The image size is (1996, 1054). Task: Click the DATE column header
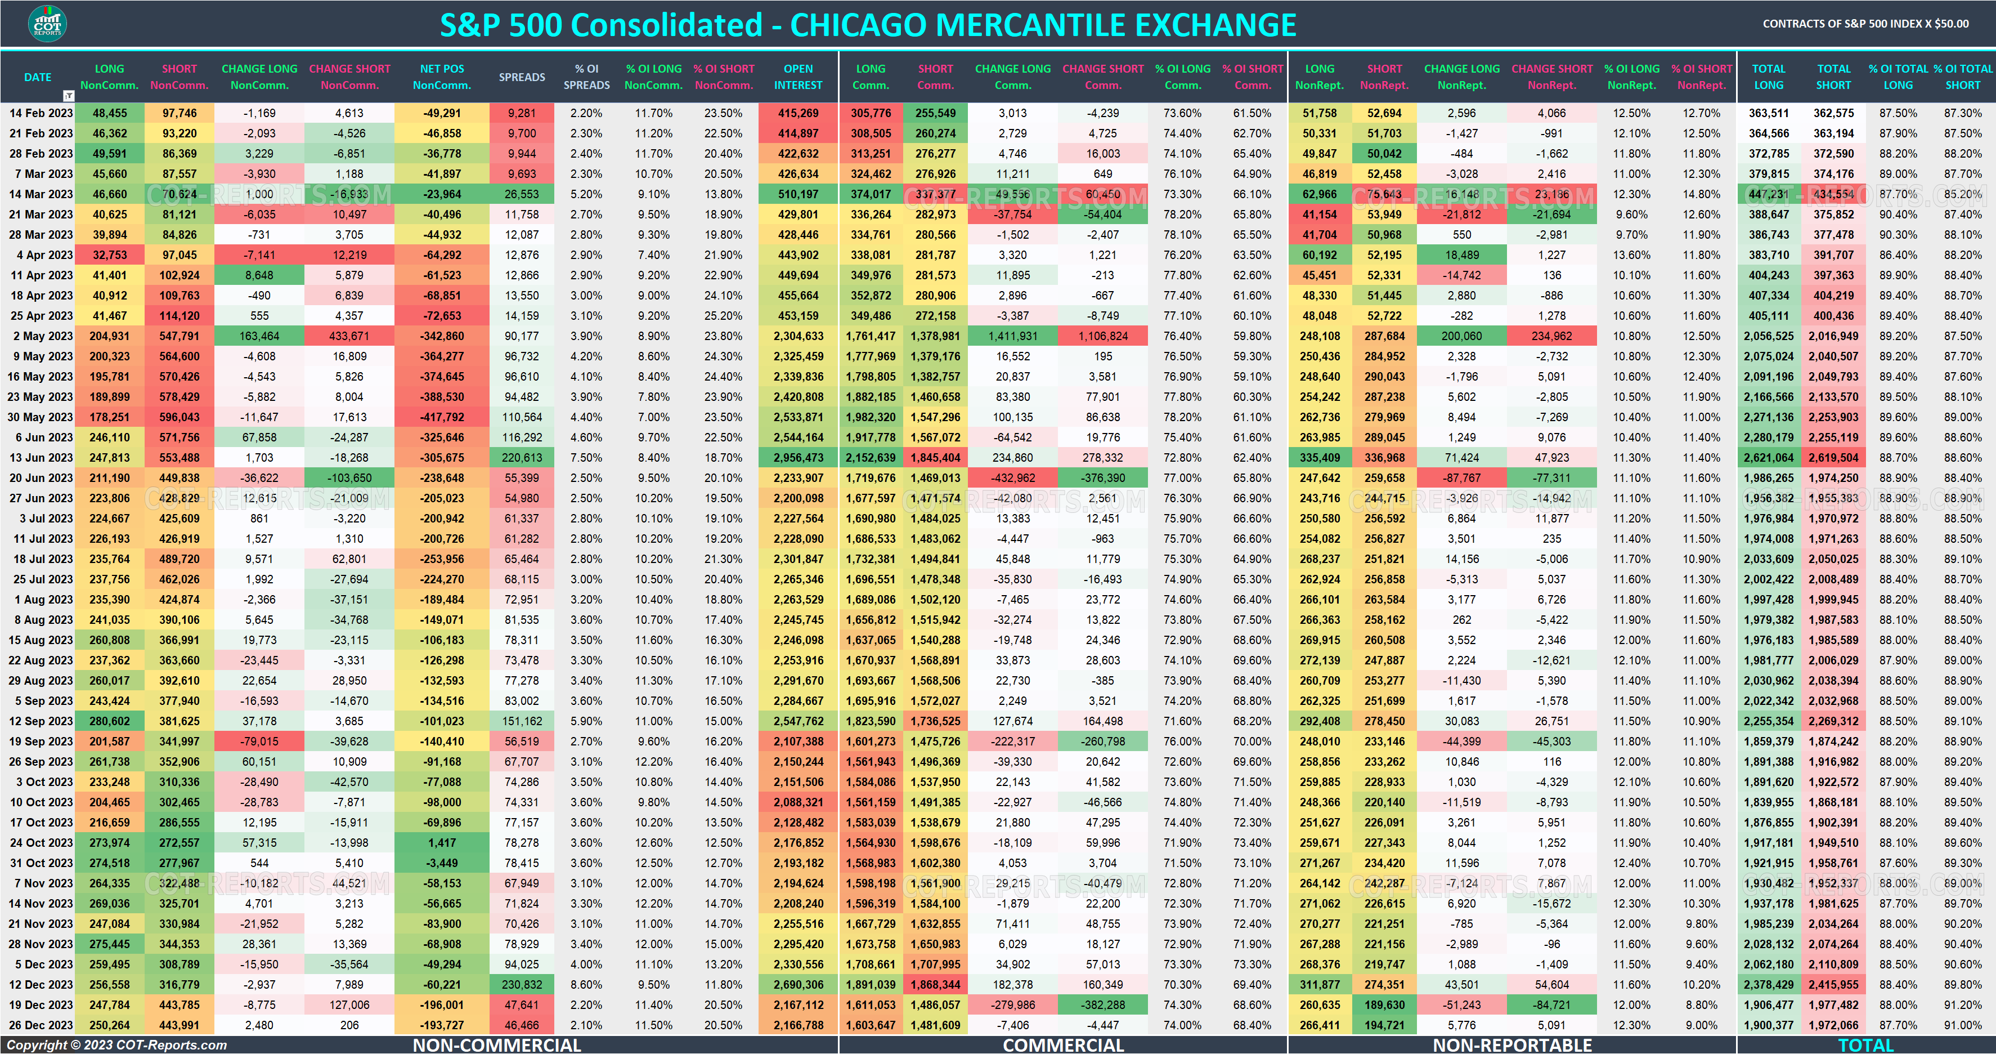click(x=37, y=77)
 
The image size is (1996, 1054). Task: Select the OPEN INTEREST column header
click(x=797, y=77)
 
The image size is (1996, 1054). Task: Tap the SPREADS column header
click(x=522, y=77)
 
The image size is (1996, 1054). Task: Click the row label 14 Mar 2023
click(x=41, y=194)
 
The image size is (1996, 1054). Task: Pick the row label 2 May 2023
click(x=43, y=336)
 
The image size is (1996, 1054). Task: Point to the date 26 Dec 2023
click(x=41, y=1025)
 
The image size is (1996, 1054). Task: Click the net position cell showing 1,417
click(x=442, y=842)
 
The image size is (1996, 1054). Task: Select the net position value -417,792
click(x=442, y=417)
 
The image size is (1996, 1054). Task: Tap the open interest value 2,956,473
click(x=797, y=457)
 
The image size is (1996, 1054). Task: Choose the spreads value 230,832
click(x=522, y=984)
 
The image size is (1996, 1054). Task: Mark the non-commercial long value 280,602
click(x=109, y=721)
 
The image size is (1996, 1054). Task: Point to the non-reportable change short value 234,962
click(x=1551, y=336)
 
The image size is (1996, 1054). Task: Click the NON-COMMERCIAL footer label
click(x=497, y=1044)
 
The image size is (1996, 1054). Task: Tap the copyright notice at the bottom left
click(x=116, y=1044)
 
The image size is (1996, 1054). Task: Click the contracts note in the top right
click(x=1865, y=23)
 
